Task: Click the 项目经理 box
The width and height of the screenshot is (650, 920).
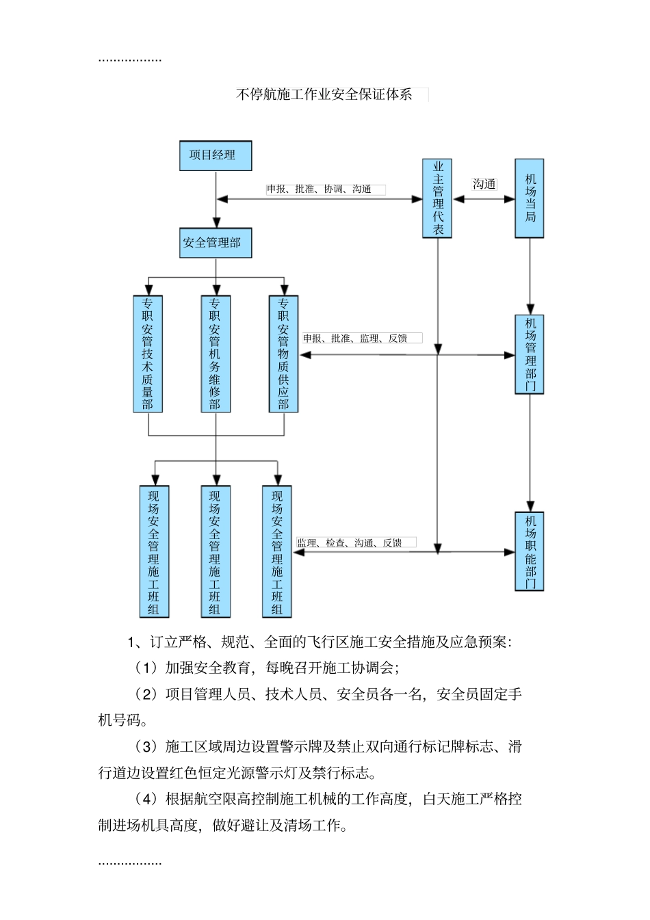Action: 216,156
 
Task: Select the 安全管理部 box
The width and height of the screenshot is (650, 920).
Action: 216,243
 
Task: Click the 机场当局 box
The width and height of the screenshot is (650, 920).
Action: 529,198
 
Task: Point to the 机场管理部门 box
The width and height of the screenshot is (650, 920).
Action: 529,354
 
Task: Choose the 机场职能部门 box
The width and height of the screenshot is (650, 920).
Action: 529,551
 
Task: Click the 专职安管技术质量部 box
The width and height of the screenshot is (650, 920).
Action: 147,354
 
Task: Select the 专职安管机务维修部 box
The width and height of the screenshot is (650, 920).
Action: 216,354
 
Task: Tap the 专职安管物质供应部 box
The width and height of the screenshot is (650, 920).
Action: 283,354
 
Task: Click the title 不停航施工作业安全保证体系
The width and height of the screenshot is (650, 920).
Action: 324,95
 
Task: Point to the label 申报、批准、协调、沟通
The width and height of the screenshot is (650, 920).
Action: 319,189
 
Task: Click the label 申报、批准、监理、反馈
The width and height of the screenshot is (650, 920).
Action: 355,339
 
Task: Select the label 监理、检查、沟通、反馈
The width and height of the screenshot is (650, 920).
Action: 350,543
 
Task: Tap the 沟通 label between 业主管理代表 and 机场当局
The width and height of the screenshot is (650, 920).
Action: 484,184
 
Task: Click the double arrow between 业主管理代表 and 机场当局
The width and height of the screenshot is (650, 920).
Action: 484,199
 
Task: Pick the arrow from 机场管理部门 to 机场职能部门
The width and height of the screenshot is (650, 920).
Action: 529,451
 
